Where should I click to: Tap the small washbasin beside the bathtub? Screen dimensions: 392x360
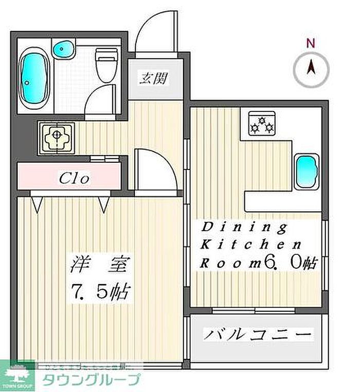[x=64, y=50]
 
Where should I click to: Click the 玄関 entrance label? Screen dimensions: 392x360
[x=153, y=80]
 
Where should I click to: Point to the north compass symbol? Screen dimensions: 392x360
[x=311, y=69]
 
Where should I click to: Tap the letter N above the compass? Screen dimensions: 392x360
[x=310, y=44]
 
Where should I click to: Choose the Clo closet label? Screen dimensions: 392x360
[x=75, y=178]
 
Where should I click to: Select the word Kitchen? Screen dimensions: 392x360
[x=249, y=244]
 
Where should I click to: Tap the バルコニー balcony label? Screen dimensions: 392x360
[x=258, y=335]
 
